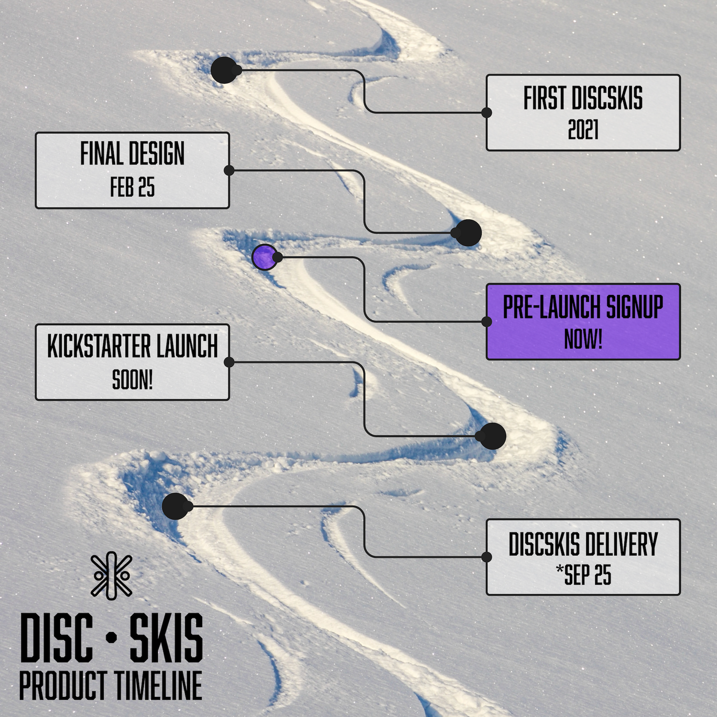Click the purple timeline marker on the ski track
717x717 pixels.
pos(264,257)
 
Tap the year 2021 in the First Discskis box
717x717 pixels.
pos(583,130)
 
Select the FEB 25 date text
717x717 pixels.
pos(132,187)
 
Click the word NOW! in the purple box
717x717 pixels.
pos(583,339)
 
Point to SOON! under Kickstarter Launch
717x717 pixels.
pos(132,380)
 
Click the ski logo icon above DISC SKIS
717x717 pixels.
pos(111,576)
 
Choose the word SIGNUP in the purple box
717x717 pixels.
pos(635,307)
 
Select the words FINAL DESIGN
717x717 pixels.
pos(132,154)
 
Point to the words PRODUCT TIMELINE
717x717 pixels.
pos(110,685)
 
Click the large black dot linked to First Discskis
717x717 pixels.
pos(224,70)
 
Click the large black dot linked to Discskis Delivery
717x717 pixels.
pos(175,506)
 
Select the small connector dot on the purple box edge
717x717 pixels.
pos(487,322)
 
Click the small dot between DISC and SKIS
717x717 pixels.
pos(111,638)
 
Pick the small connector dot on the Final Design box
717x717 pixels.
pos(229,170)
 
